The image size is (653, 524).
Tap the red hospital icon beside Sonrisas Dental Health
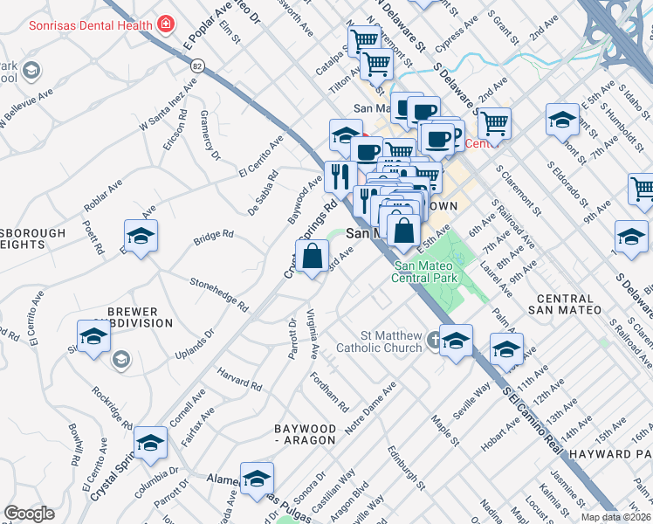click(165, 24)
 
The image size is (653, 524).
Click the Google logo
click(29, 514)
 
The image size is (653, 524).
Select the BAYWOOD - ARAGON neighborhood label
click(305, 434)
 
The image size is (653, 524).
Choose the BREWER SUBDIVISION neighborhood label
click(133, 317)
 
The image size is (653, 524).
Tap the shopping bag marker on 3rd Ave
click(312, 257)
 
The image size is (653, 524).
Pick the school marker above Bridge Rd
click(140, 236)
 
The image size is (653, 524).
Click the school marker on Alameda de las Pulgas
click(257, 479)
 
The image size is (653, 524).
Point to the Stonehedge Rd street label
click(220, 293)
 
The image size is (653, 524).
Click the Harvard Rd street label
click(240, 378)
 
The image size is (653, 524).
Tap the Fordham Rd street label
click(331, 393)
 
